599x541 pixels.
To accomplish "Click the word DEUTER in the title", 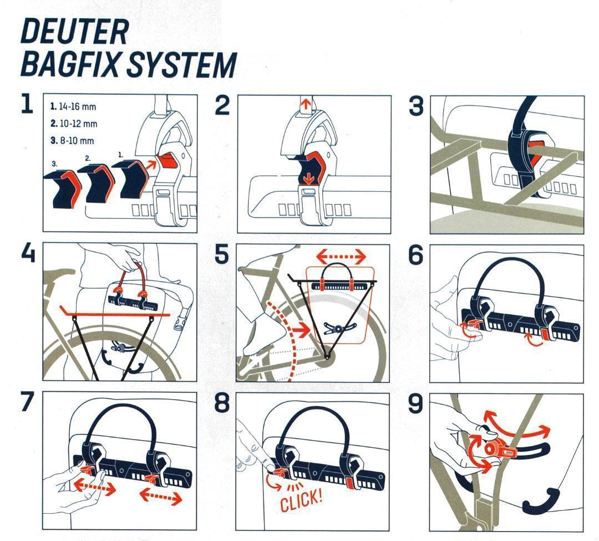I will coord(74,32).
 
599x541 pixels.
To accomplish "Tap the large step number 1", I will coord(27,104).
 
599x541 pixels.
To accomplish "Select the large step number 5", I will coord(221,254).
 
